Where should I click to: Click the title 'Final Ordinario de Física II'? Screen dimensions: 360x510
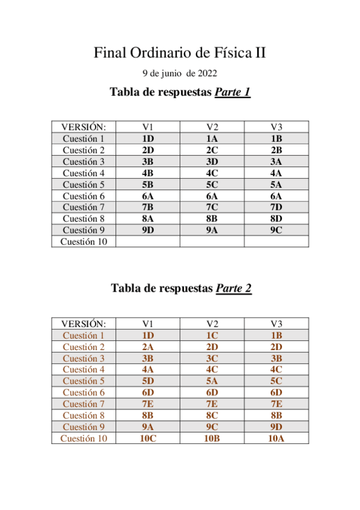[180, 53]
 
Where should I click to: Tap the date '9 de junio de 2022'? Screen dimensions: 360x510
[180, 74]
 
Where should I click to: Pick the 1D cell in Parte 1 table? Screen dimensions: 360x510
[148, 138]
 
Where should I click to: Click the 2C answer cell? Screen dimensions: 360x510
[212, 150]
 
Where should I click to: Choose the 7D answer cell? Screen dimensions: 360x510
[276, 207]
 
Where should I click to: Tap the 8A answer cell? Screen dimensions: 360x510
[148, 218]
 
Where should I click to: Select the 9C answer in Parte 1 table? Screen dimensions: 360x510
[276, 230]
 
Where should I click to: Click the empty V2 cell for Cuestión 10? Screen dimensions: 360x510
[212, 241]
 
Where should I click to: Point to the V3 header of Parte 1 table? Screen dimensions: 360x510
[276, 127]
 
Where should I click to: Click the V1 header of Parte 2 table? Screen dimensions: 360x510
[148, 324]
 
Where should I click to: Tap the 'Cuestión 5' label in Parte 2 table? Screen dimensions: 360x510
[84, 381]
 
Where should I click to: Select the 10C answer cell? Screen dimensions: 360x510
[148, 438]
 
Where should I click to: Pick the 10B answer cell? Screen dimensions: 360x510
[212, 438]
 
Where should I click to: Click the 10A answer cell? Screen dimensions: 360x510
[276, 438]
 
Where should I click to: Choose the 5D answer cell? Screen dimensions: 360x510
[148, 381]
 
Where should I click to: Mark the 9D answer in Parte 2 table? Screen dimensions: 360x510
[276, 427]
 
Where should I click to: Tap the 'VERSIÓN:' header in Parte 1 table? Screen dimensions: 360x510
[84, 127]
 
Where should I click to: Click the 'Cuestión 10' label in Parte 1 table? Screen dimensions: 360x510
[84, 241]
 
